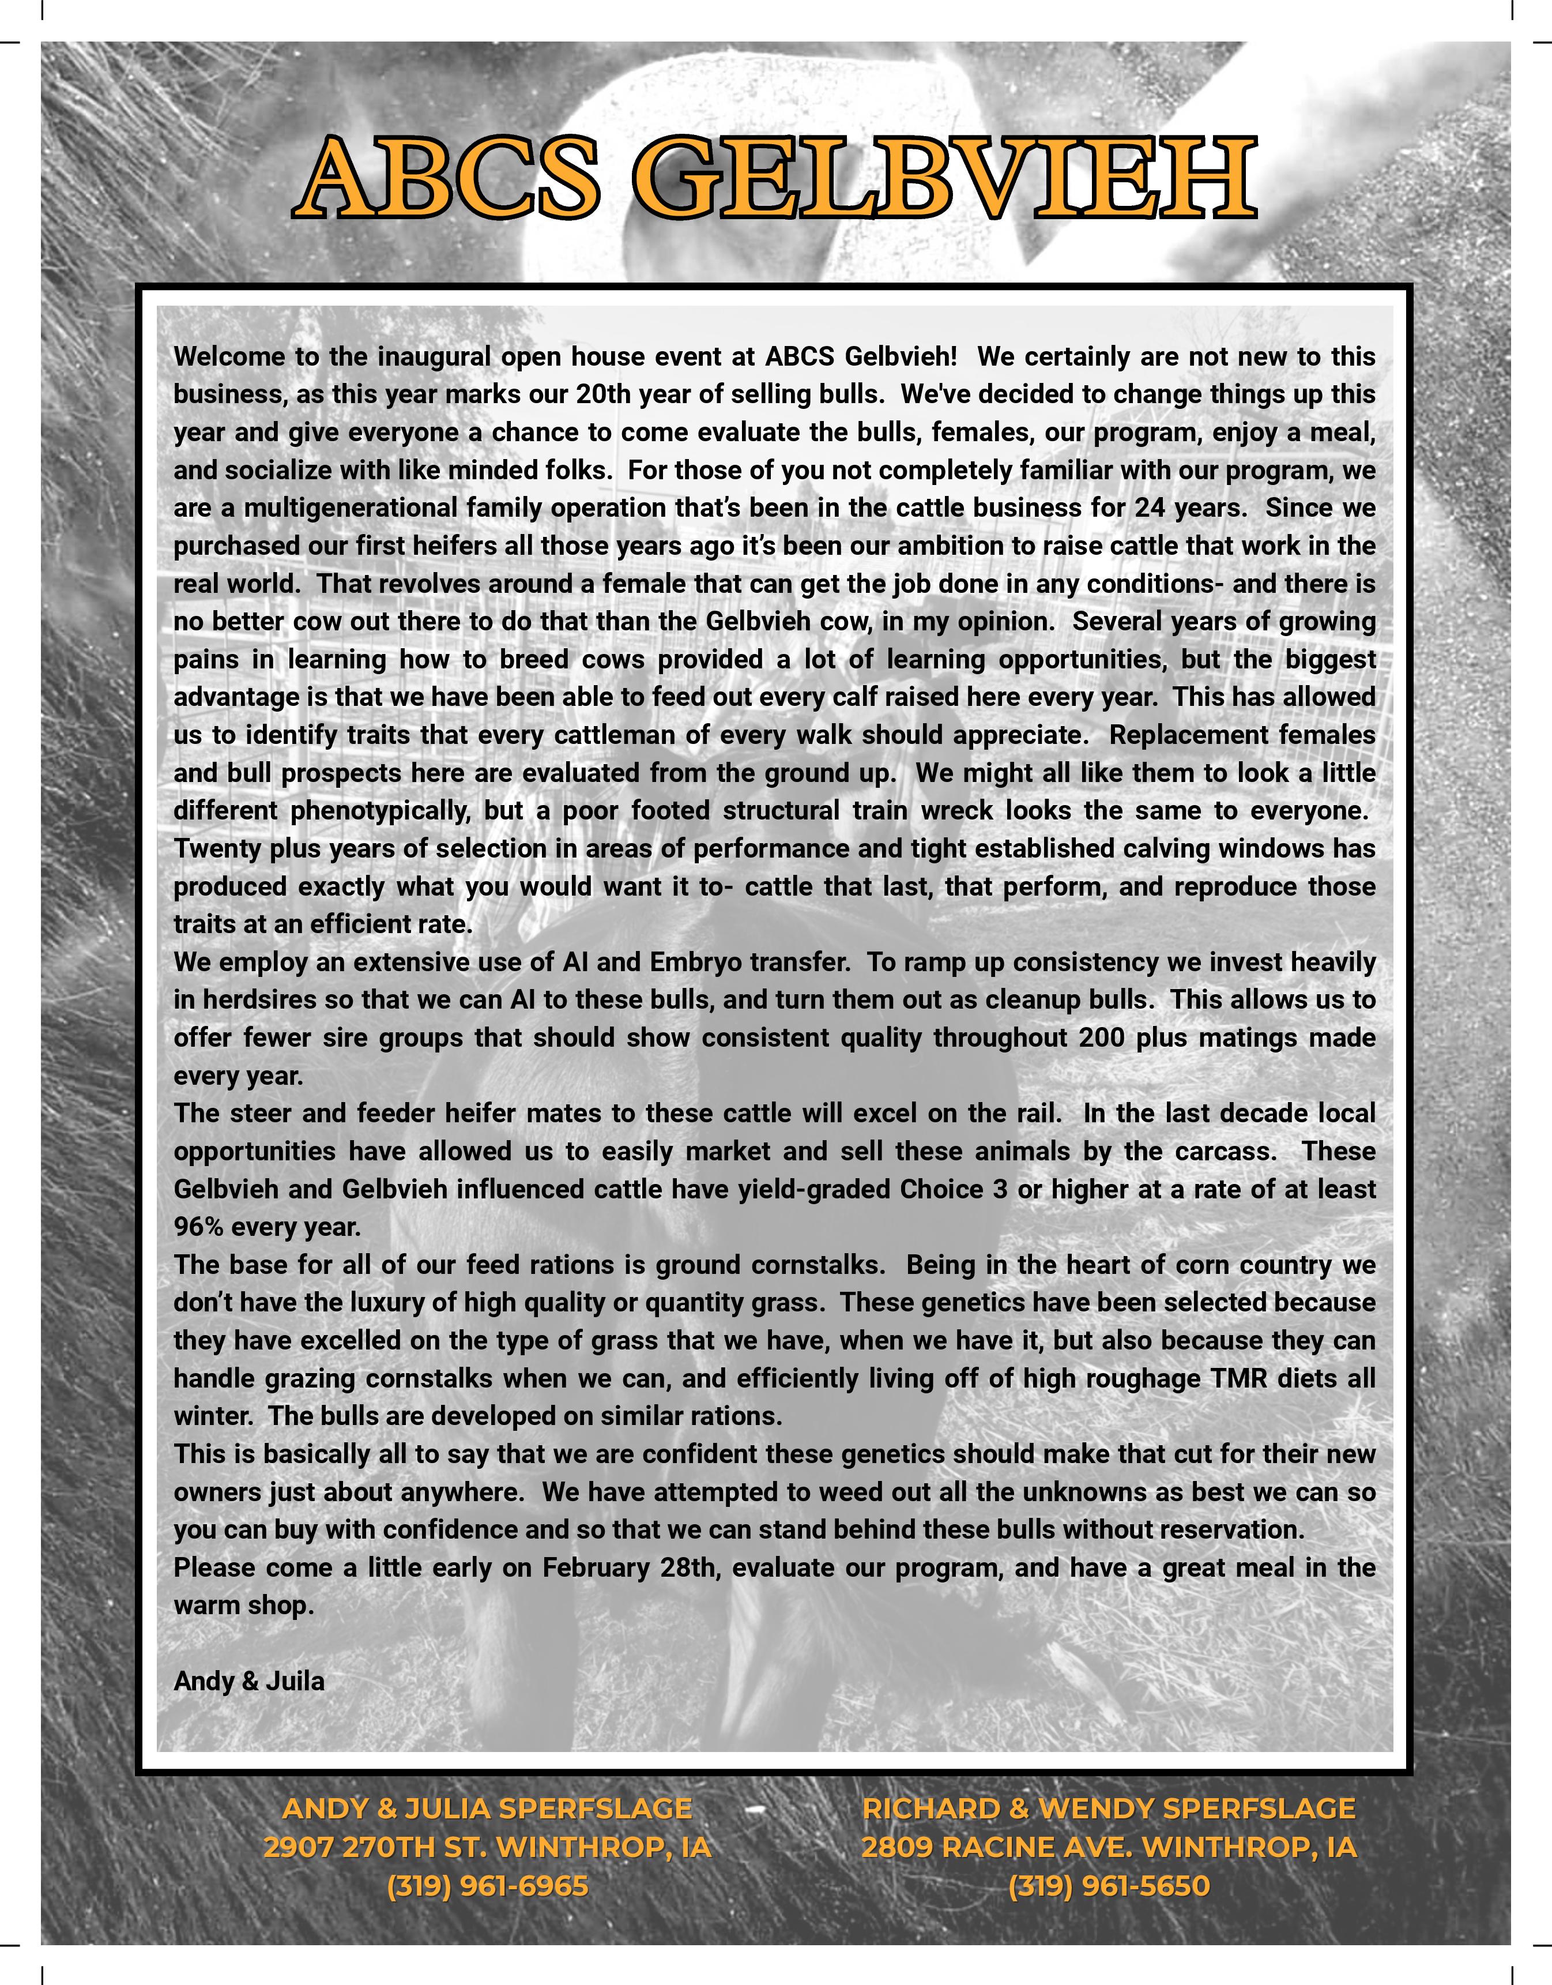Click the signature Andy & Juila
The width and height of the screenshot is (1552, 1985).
tap(249, 1681)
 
